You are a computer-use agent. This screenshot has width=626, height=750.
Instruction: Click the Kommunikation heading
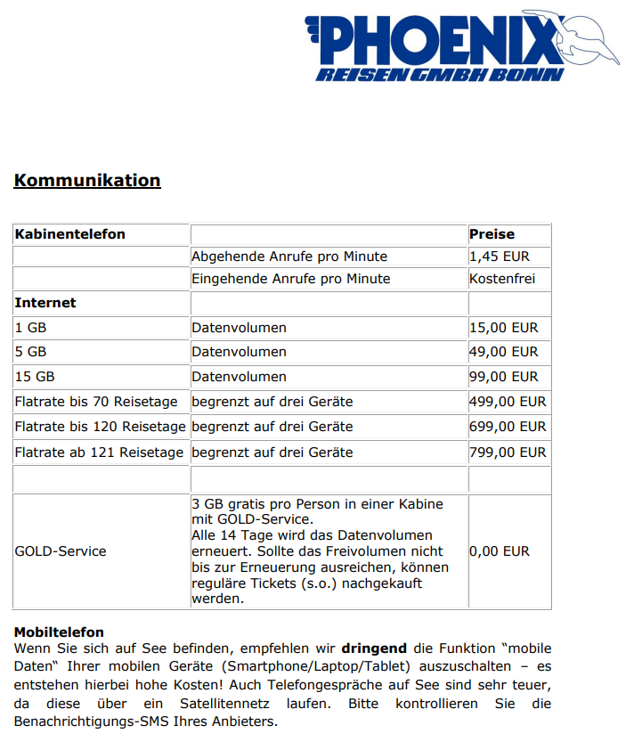tap(87, 180)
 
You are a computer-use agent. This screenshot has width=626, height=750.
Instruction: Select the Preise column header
tap(492, 234)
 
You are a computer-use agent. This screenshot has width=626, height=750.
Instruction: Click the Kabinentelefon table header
tap(69, 234)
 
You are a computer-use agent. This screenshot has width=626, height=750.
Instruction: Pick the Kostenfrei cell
tap(502, 279)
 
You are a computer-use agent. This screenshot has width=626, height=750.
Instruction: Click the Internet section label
tap(45, 303)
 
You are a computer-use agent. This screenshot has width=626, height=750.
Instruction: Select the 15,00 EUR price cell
tap(503, 328)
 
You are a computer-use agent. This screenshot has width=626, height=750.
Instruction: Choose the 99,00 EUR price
tap(503, 377)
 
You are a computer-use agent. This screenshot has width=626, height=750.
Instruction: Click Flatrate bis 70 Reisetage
tap(96, 402)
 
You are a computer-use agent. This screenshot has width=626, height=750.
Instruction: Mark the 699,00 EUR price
tap(508, 427)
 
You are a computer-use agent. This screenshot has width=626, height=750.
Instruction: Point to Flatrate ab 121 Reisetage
tap(99, 452)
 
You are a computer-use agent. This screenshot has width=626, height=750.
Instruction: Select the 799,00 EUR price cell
tap(508, 452)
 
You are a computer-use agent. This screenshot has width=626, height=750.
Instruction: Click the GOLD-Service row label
tap(60, 551)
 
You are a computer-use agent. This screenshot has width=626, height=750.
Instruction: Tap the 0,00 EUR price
tap(499, 551)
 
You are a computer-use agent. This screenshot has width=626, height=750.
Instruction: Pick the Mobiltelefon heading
tap(59, 632)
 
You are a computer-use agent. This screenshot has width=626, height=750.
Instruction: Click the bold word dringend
tap(374, 649)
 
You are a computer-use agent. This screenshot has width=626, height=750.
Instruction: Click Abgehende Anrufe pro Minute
tap(289, 257)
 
